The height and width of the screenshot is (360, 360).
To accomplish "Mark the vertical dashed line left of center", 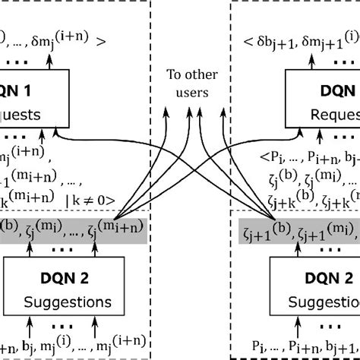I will click(x=150, y=152).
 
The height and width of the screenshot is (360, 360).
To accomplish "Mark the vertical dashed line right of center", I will click(x=230, y=152).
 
